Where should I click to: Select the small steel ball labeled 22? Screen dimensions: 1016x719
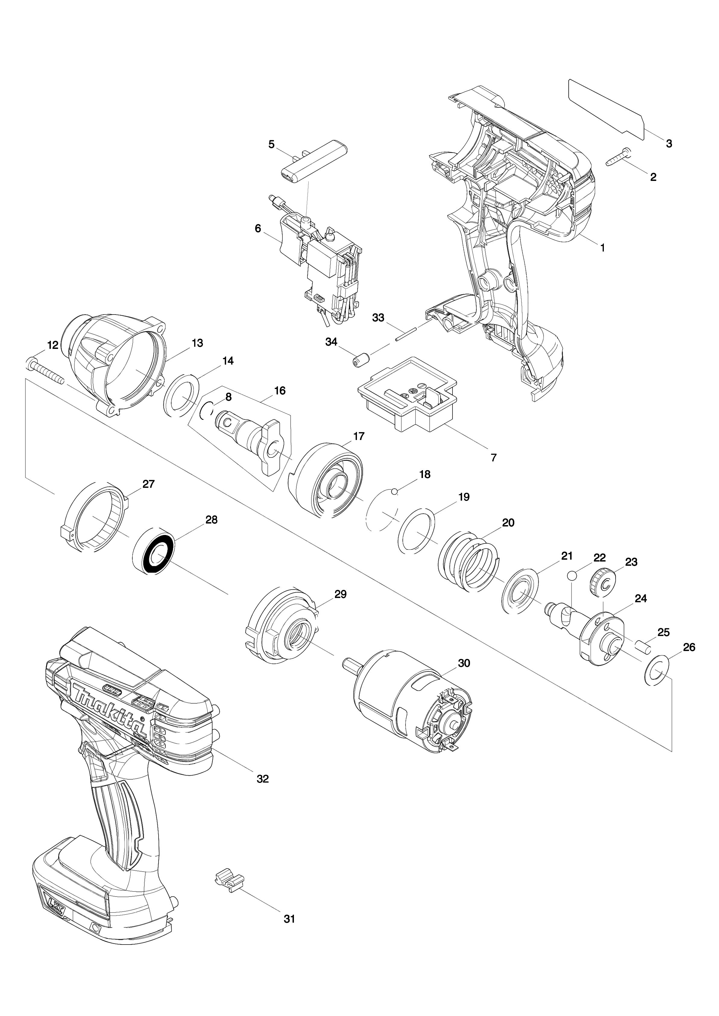click(572, 575)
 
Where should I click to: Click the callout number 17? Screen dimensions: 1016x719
click(359, 436)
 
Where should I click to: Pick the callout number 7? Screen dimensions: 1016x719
click(494, 457)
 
